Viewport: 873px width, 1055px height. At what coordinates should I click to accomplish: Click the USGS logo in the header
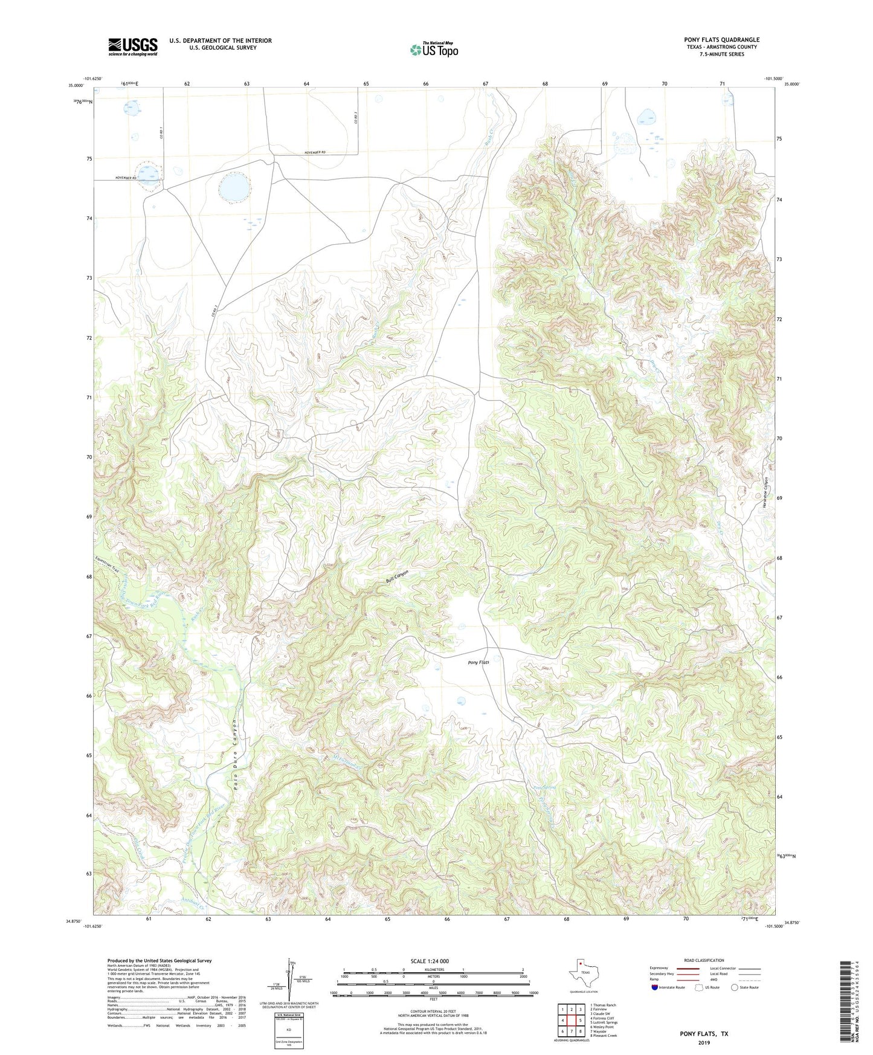tap(132, 47)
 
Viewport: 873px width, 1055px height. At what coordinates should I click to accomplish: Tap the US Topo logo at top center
tap(434, 49)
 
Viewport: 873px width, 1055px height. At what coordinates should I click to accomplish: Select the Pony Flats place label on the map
tap(478, 662)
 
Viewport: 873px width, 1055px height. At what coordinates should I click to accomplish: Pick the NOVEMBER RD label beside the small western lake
tap(126, 178)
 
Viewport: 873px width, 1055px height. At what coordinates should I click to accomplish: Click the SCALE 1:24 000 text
tap(430, 961)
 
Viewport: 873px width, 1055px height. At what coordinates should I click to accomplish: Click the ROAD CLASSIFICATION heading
tap(704, 960)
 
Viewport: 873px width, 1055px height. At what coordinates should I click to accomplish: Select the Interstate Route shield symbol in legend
tap(655, 987)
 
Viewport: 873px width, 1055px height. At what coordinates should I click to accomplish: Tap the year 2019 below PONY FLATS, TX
tap(704, 1042)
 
